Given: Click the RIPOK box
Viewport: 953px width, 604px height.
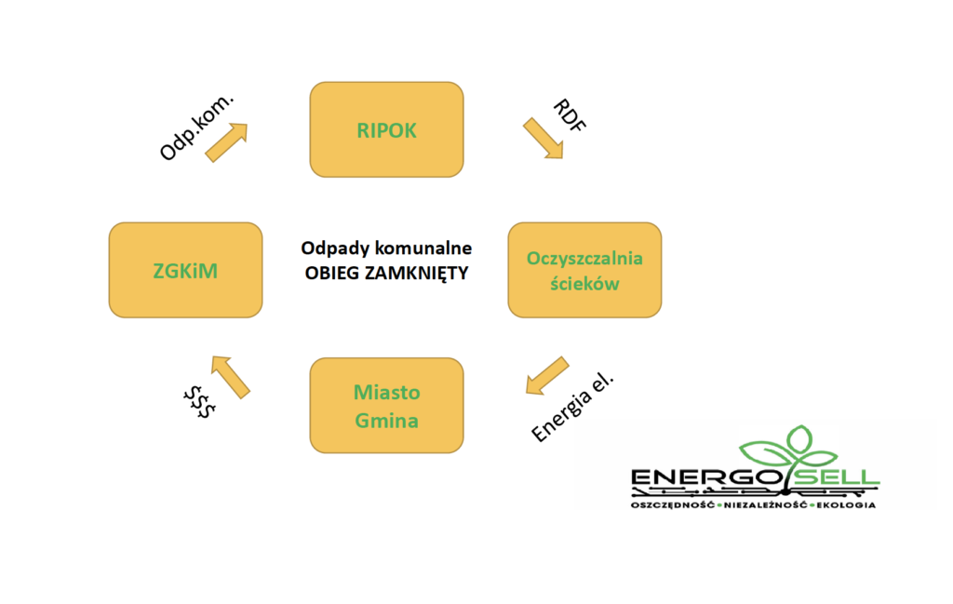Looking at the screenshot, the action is (386, 129).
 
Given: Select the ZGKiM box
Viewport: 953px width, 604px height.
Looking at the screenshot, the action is (185, 270).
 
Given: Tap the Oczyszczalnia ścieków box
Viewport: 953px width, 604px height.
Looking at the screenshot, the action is (584, 270).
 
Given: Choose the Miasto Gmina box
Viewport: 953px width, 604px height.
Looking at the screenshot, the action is (386, 405).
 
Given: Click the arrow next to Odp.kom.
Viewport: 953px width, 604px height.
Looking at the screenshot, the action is (226, 142).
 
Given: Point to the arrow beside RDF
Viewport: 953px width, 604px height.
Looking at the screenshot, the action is (544, 138).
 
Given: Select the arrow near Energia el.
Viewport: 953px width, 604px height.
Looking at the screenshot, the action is (547, 376).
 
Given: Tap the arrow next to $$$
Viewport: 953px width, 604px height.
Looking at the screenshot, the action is (231, 377).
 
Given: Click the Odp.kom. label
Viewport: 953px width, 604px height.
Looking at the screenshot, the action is (196, 128).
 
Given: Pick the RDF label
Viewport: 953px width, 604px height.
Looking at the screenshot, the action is (570, 114).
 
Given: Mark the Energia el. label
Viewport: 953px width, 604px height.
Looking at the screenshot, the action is (572, 407).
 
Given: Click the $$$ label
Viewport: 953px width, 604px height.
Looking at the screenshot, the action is (199, 402).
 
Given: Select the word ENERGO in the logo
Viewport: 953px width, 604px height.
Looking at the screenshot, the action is (706, 477).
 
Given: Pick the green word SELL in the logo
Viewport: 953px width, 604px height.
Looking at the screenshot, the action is (838, 476).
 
